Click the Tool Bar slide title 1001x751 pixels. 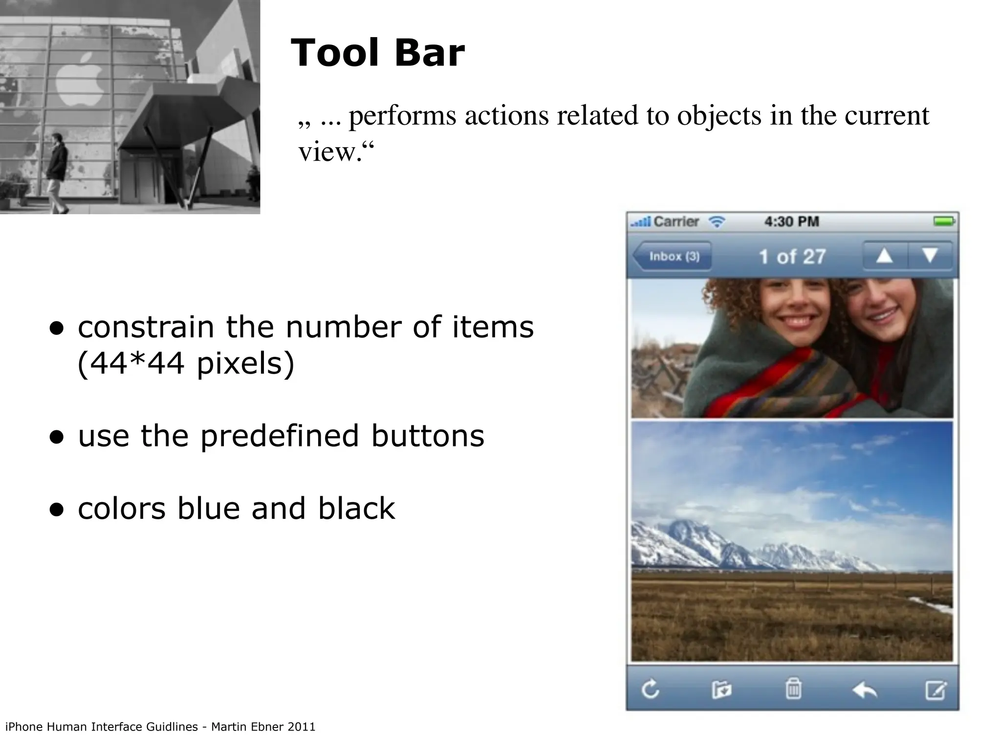tap(377, 53)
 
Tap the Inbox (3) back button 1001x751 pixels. tap(673, 256)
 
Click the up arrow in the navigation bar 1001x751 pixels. tap(884, 256)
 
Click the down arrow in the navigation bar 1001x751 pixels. tap(930, 256)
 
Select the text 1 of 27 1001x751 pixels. tap(792, 257)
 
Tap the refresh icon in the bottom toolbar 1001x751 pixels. tap(651, 690)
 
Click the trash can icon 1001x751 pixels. tap(793, 689)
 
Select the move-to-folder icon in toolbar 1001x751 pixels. tap(721, 690)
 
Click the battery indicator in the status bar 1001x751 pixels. tap(944, 221)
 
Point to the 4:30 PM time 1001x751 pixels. tap(791, 221)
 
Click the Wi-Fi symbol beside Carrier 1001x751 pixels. tap(717, 222)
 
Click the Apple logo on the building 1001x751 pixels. tap(80, 84)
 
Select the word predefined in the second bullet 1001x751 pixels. tap(280, 436)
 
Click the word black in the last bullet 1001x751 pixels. tap(356, 508)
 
